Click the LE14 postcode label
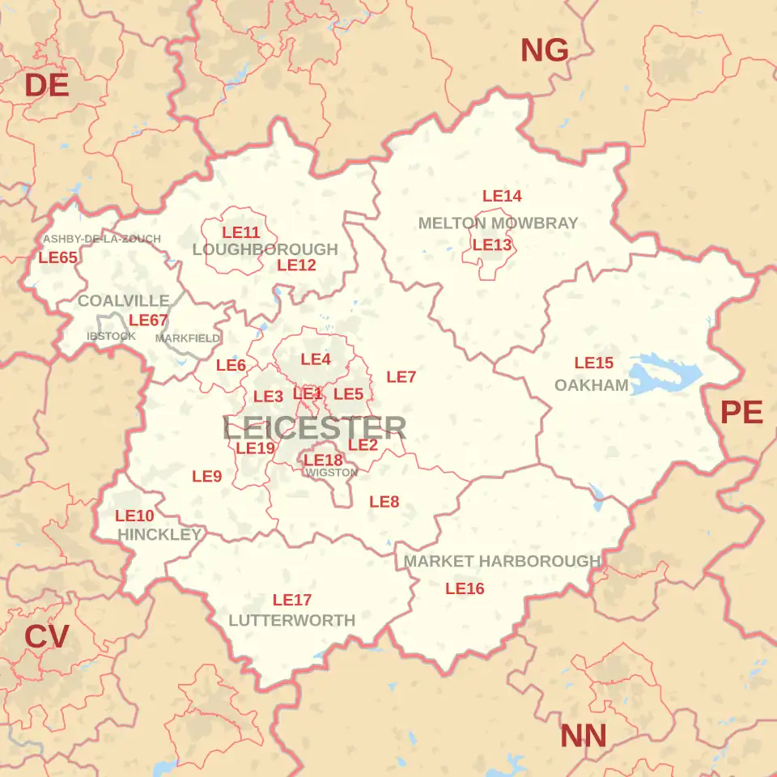502,196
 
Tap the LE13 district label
492,244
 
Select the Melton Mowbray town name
498,223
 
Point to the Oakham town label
591,385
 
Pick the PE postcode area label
741,413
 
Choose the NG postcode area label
544,51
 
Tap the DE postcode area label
46,85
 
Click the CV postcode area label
46,637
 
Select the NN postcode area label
583,737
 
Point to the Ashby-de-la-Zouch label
102,239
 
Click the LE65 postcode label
58,257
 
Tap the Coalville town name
123,300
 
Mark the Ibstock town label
111,336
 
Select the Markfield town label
187,338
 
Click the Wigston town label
331,473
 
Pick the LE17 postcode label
292,600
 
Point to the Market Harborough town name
502,561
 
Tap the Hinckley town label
159,534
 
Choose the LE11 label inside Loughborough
241,232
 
